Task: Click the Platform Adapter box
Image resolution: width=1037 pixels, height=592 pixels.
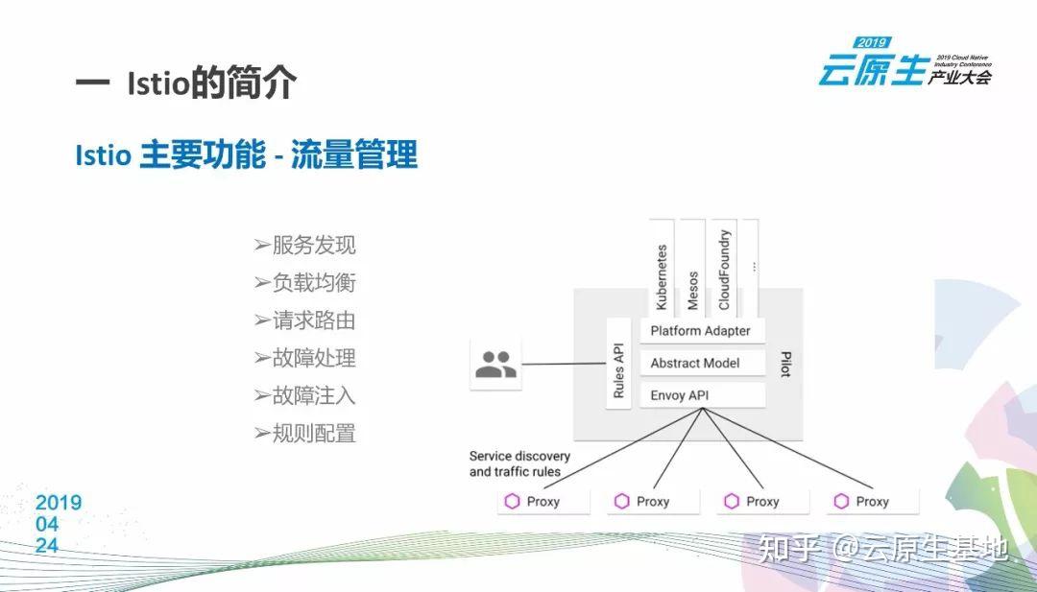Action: click(x=701, y=331)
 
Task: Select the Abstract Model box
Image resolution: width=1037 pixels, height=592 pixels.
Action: click(x=701, y=364)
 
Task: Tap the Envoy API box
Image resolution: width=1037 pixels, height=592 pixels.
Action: click(x=701, y=395)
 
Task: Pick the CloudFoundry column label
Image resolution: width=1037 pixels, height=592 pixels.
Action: click(x=724, y=271)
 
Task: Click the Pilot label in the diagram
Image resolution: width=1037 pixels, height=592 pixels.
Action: click(x=785, y=365)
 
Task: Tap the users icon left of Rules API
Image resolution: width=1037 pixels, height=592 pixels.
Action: click(x=495, y=364)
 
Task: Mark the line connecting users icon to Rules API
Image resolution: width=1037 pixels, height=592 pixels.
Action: click(x=564, y=364)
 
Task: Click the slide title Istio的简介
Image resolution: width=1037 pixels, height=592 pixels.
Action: click(x=186, y=83)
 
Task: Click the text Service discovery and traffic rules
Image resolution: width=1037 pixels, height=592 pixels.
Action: click(x=518, y=463)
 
